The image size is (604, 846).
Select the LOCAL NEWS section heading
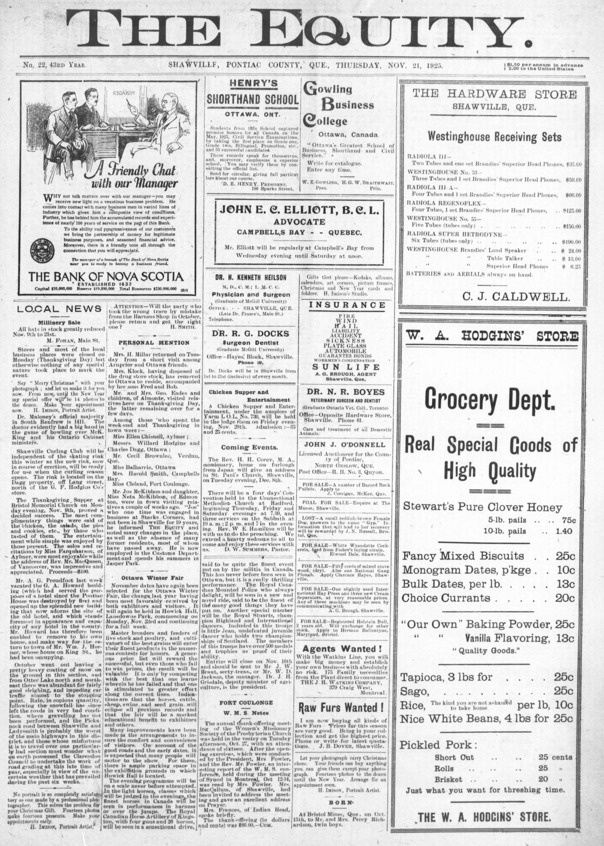tap(59, 308)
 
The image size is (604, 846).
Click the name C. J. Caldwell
tap(516, 297)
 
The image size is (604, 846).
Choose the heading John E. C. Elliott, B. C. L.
tap(299, 211)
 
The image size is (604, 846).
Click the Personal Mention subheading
tap(154, 342)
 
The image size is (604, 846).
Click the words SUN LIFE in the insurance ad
tap(346, 367)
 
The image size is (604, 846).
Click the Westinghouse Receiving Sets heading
tap(494, 137)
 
